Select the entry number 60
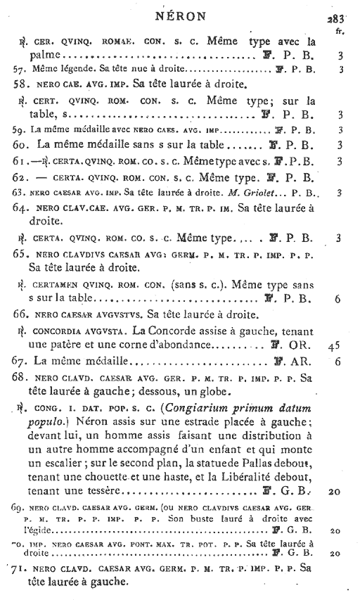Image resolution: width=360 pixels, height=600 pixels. (21, 146)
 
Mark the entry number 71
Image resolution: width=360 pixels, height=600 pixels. (22, 568)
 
